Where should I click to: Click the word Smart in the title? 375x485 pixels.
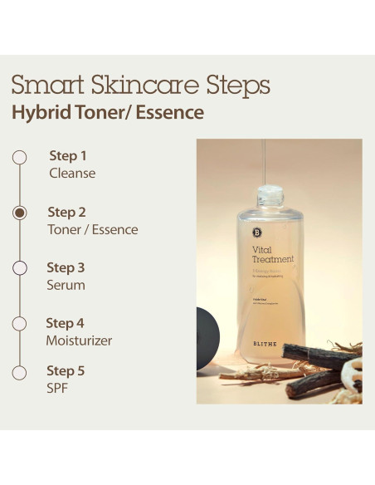[x=49, y=85]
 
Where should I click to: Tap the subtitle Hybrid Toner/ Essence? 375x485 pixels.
[x=107, y=112]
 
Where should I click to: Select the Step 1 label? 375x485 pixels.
[x=68, y=155]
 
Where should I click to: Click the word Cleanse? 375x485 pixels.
[x=72, y=174]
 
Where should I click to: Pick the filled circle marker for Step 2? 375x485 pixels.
[x=20, y=213]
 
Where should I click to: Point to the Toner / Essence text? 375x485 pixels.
[x=92, y=229]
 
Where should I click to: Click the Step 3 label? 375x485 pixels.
[x=66, y=267]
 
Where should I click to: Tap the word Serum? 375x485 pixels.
[x=66, y=285]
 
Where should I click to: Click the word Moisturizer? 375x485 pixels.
[x=79, y=340]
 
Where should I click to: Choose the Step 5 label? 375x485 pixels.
[x=66, y=370]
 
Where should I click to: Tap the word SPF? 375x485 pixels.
[x=58, y=388]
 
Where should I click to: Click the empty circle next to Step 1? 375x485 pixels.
[x=20, y=156]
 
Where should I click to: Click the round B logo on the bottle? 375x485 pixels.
[x=256, y=233]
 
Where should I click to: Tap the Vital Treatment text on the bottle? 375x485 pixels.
[x=272, y=253]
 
